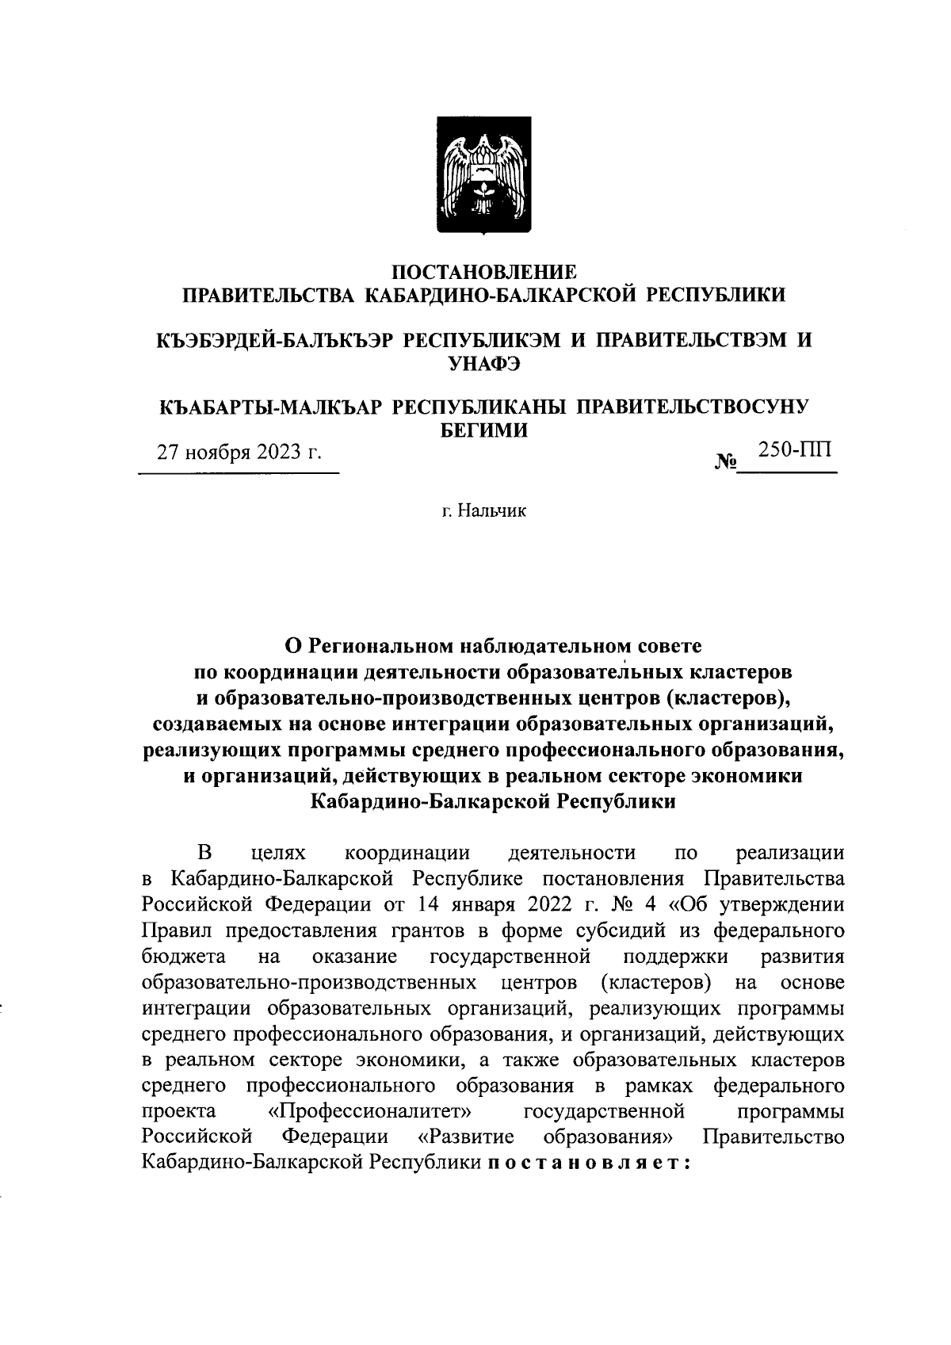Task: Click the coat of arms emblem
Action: pos(484,174)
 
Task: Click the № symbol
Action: pos(726,461)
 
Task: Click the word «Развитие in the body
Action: pos(465,1137)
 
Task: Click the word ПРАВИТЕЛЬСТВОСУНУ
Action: pos(691,407)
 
